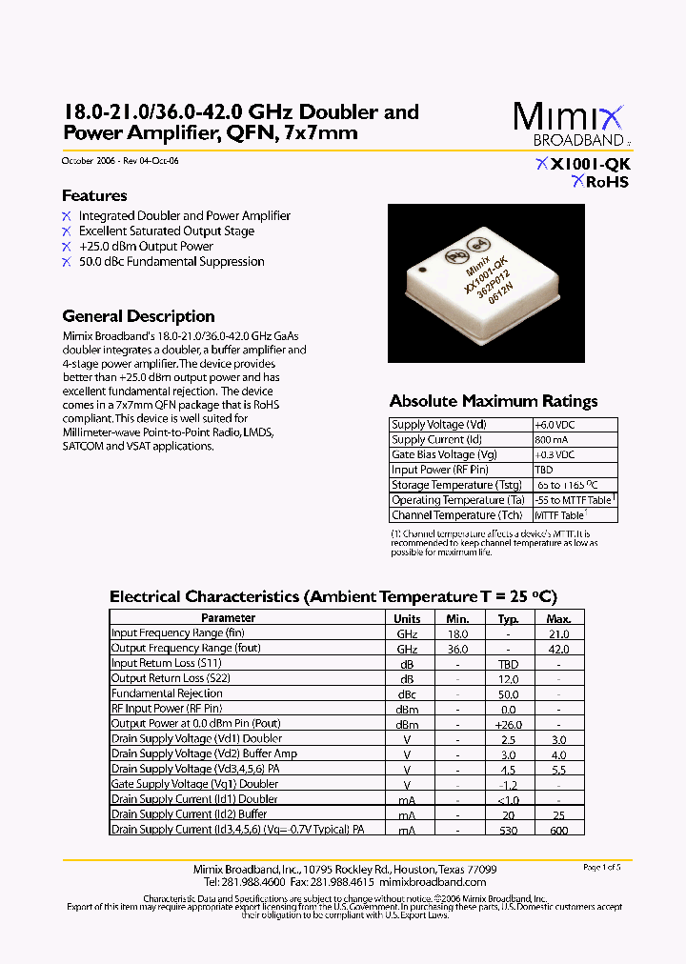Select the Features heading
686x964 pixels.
click(x=94, y=195)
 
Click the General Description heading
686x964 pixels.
click(x=138, y=316)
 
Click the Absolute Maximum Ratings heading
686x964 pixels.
click(x=494, y=401)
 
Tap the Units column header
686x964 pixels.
click(x=407, y=618)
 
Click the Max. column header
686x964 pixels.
click(x=559, y=618)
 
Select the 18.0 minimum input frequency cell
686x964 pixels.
click(x=458, y=633)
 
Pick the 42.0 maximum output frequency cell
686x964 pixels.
click(x=559, y=649)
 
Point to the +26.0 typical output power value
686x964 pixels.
click(x=508, y=724)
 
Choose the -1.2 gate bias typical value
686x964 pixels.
click(x=508, y=784)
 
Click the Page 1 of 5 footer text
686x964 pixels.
click(x=601, y=867)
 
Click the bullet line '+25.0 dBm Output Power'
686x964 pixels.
click(x=146, y=246)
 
